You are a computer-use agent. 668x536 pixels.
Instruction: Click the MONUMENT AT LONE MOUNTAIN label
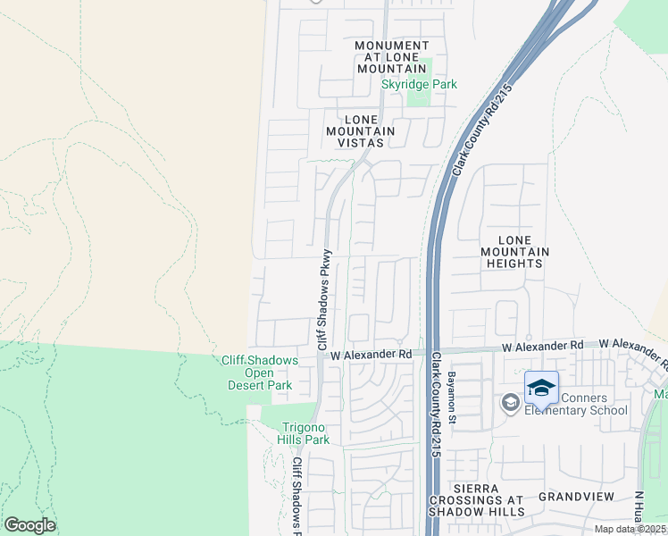(x=391, y=57)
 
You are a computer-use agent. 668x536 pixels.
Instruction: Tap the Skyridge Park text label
(x=419, y=85)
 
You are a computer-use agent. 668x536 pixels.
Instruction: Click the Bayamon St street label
(x=453, y=398)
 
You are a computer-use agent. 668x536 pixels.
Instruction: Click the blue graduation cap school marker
(x=541, y=387)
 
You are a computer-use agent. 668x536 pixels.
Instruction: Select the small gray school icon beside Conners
(x=511, y=403)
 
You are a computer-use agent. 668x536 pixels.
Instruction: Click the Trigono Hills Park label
(x=306, y=433)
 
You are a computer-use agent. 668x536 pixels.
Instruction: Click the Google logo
(x=29, y=525)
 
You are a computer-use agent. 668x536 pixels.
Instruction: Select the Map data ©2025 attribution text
(x=630, y=529)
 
